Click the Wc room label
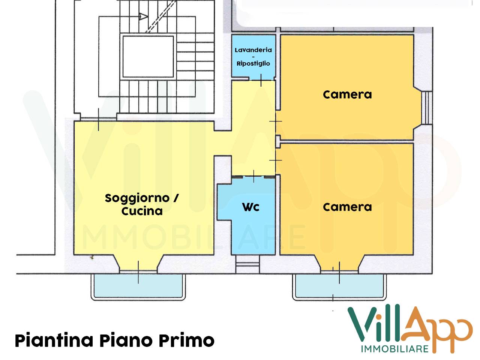pos(250,207)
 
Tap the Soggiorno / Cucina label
pos(142,204)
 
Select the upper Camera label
pos(347,94)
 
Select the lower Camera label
pos(347,207)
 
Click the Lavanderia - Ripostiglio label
pos(253,56)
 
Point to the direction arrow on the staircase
pos(143,16)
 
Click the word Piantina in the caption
pos(54,340)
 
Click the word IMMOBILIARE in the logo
pos(394,349)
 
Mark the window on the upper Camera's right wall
pos(426,108)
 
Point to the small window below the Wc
pos(247,264)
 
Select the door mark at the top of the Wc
pos(254,176)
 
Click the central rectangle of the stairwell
pos(148,56)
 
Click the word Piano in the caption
pos(126,340)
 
